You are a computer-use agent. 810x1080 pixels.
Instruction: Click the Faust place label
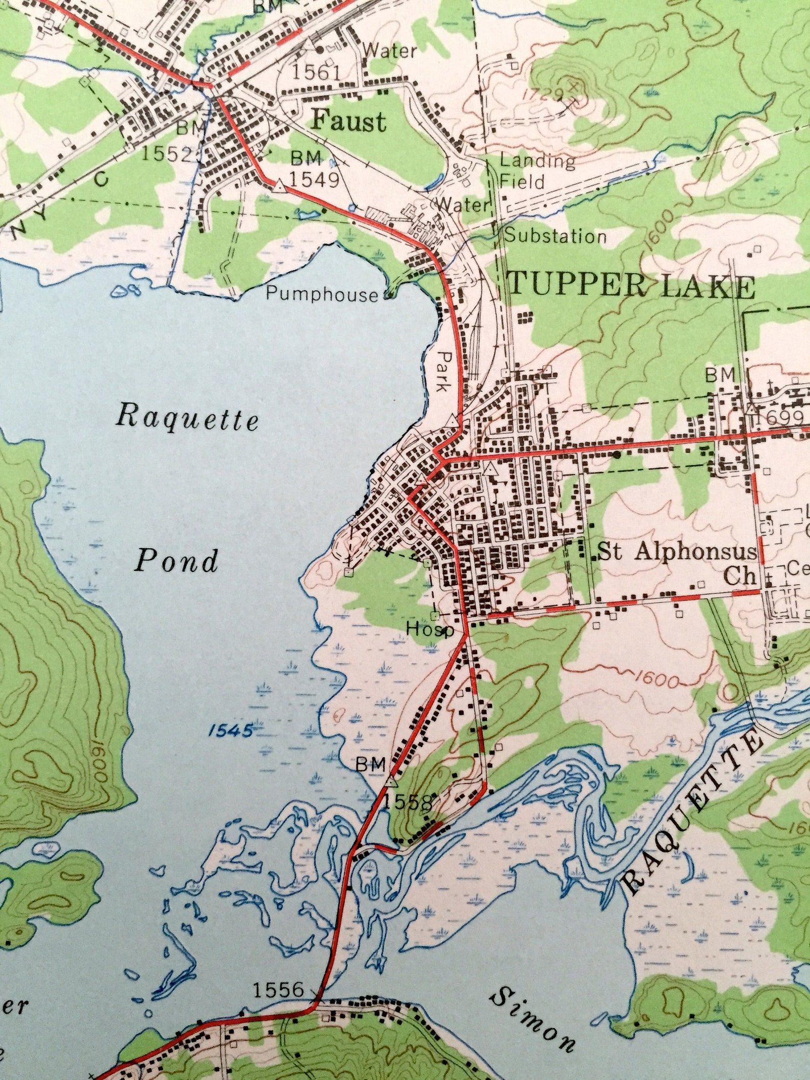point(348,121)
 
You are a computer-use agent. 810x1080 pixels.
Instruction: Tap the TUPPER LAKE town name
point(631,286)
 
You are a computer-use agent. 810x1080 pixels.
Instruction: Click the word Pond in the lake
point(176,561)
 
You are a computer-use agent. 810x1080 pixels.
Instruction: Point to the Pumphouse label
point(322,294)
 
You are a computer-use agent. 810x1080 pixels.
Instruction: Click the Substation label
point(555,236)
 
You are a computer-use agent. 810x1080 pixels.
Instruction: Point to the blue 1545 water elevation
point(231,731)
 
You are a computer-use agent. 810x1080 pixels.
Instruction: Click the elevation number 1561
point(316,73)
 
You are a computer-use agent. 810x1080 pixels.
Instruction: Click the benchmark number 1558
point(407,802)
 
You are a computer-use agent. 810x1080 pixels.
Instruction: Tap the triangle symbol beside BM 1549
point(279,186)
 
